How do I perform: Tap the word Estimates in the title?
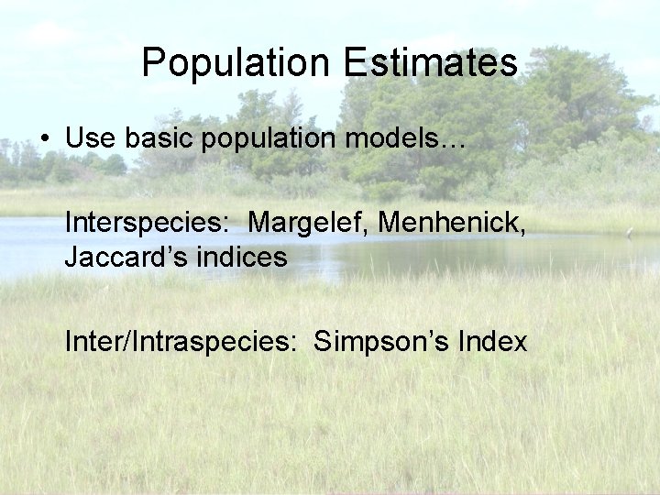pyautogui.click(x=431, y=64)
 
